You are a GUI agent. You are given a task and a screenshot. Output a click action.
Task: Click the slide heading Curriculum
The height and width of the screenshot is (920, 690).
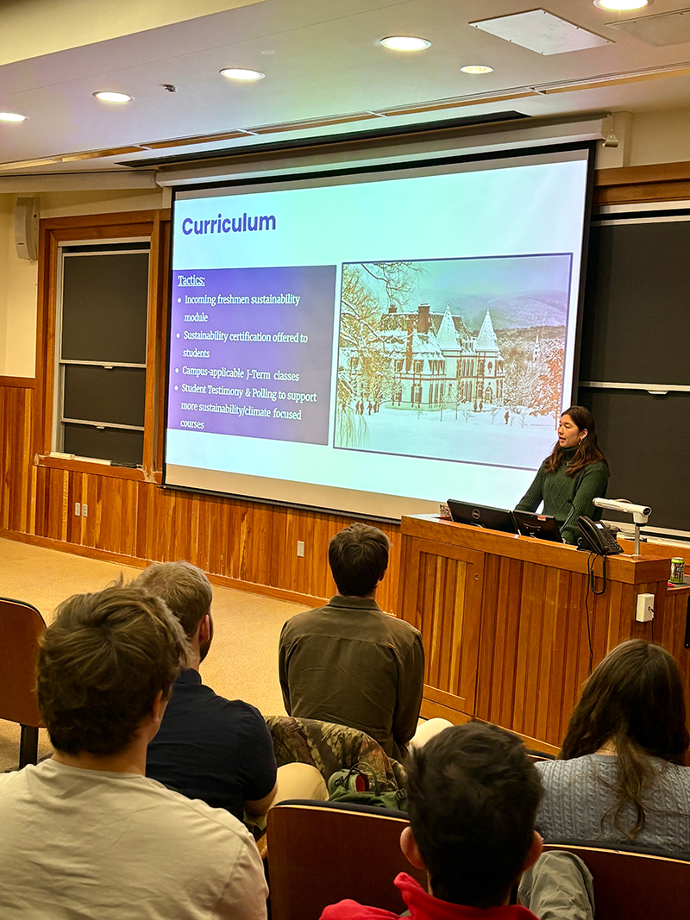point(229,224)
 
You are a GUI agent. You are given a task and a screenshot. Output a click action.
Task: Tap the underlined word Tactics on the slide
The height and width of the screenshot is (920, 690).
point(191,280)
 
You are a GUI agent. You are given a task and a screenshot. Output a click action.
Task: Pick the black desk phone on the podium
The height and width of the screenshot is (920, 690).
point(598,537)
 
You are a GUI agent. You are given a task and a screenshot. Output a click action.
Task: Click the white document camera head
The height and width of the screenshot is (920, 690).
point(623,508)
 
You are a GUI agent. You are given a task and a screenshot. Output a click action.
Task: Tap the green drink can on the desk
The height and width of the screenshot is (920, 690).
point(677,570)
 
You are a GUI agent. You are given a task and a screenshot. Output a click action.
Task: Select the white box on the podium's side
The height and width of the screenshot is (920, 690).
point(644,607)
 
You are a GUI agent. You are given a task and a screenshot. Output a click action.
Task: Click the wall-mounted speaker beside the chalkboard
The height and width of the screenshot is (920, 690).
point(27,228)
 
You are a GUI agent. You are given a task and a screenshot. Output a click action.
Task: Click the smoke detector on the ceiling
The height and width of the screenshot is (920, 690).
point(168,88)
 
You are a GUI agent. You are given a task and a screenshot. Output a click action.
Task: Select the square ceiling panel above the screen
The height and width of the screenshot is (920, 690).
point(541,32)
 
